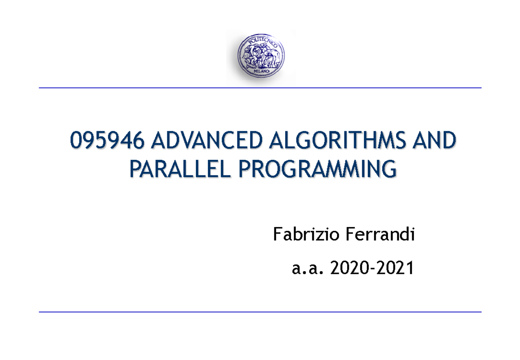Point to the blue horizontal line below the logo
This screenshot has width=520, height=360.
coord(260,88)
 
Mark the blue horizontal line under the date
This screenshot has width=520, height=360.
coord(260,311)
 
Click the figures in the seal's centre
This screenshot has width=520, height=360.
coord(260,56)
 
